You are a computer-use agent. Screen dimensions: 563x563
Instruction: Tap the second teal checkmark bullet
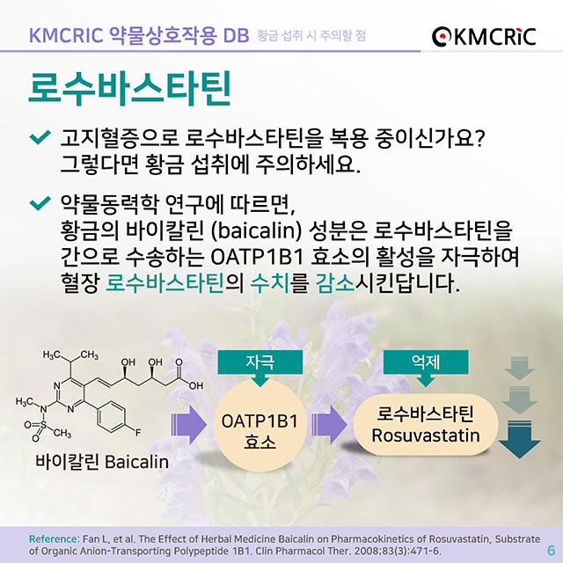click(40, 205)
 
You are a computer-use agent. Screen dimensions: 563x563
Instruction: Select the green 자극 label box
click(260, 362)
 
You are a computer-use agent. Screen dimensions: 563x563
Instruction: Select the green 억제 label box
click(426, 362)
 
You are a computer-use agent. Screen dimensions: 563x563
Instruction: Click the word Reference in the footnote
click(55, 537)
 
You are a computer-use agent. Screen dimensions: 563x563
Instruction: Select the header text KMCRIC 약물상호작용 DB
click(138, 35)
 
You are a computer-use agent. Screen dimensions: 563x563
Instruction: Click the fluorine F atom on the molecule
click(139, 431)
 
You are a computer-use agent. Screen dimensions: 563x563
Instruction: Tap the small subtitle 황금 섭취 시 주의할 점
click(311, 36)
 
